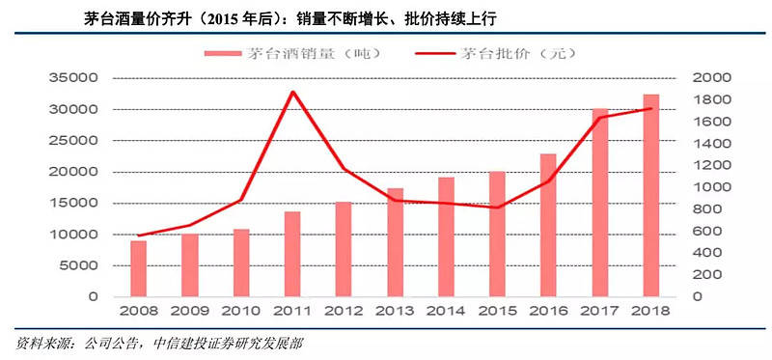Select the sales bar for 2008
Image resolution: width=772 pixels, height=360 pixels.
tap(138, 268)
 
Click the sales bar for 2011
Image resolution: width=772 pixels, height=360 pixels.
tap(292, 254)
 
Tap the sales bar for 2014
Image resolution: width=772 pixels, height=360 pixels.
tap(446, 236)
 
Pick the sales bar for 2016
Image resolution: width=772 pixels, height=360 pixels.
tap(548, 225)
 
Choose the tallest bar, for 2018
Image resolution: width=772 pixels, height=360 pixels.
tap(650, 196)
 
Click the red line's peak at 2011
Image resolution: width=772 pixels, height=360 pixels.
tap(292, 92)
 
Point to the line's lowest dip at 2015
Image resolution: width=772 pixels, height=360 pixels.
tap(497, 208)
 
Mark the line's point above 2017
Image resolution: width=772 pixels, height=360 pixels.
tap(599, 117)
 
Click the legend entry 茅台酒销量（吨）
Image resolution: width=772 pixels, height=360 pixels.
tap(293, 54)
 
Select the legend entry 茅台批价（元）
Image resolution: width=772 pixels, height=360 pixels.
tap(492, 54)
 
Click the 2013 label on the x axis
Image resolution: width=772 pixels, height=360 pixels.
tap(395, 311)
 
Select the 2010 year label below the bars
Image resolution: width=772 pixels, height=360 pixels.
tap(241, 311)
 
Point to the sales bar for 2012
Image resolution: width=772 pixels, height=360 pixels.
tap(344, 249)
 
